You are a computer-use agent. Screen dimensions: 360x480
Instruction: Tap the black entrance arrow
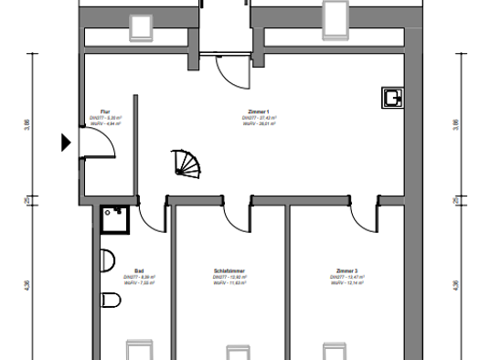(x=66, y=142)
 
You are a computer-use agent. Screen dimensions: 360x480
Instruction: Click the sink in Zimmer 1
(x=394, y=98)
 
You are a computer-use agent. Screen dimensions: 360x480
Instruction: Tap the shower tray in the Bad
(x=116, y=219)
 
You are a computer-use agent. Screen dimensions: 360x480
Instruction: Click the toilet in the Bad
(x=110, y=299)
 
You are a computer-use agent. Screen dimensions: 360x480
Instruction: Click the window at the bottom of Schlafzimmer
(x=237, y=351)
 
